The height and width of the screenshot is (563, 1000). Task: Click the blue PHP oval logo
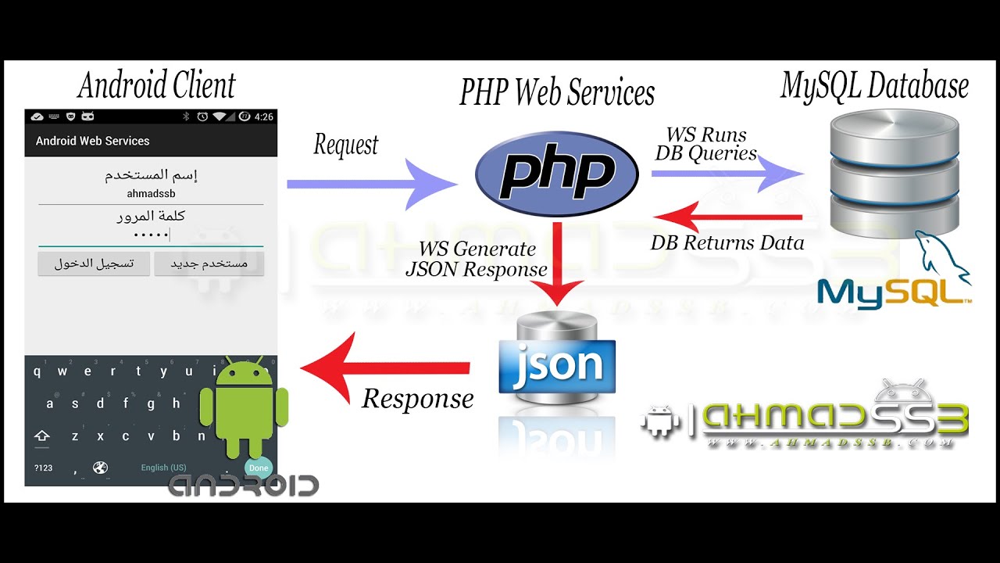coord(556,174)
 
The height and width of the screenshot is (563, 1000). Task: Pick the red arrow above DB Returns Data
coord(727,217)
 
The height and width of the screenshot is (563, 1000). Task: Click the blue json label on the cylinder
coord(557,365)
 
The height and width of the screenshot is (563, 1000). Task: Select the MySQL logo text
coord(891,292)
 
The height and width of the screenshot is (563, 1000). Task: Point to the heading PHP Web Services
coord(556,93)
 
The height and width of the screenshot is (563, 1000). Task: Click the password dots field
coord(151,235)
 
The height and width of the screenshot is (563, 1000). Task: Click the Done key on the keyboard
coord(259,468)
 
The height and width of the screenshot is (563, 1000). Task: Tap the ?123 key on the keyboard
coord(43,468)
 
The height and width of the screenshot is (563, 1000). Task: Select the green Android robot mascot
coord(244,407)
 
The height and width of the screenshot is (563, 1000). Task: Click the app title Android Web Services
coord(92,142)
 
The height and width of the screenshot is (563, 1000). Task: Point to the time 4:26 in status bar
coord(264,117)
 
